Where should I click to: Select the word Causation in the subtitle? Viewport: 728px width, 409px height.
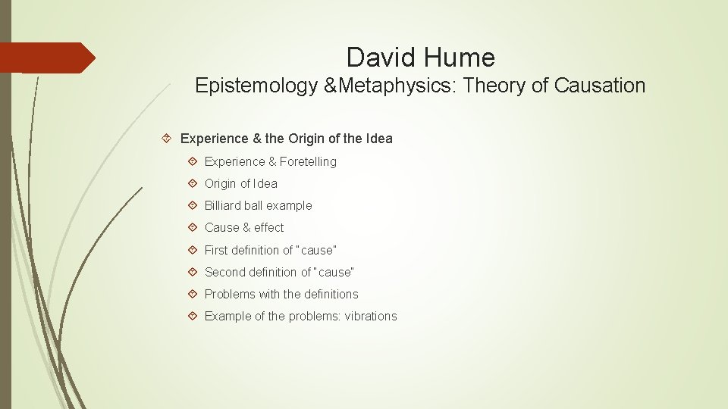pyautogui.click(x=600, y=86)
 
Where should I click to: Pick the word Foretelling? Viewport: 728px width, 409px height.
pyautogui.click(x=308, y=161)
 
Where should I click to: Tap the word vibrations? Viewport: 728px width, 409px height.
pyautogui.click(x=371, y=316)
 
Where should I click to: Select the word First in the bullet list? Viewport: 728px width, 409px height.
pyautogui.click(x=218, y=249)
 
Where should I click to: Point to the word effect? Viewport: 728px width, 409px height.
pyautogui.click(x=269, y=227)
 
